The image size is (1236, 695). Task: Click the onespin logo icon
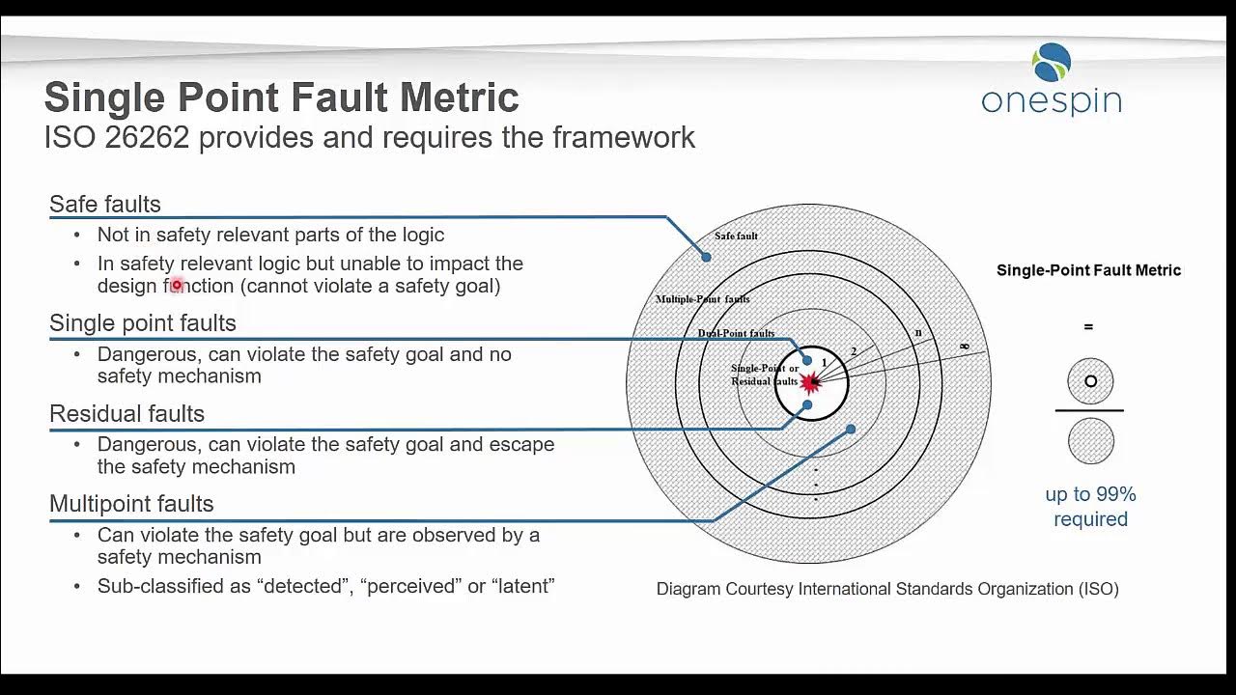pyautogui.click(x=1052, y=63)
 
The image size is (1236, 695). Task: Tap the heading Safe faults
pyautogui.click(x=105, y=204)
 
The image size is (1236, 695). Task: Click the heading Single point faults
pyautogui.click(x=143, y=322)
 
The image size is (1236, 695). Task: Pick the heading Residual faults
pyautogui.click(x=126, y=413)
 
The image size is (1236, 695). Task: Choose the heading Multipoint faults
pyautogui.click(x=131, y=503)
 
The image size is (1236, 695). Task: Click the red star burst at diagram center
pyautogui.click(x=810, y=383)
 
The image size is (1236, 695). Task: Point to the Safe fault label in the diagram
pyautogui.click(x=736, y=236)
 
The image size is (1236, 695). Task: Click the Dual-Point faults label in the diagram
pyautogui.click(x=736, y=333)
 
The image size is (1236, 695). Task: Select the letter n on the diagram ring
pyautogui.click(x=918, y=333)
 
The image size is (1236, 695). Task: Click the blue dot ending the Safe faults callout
pyautogui.click(x=706, y=257)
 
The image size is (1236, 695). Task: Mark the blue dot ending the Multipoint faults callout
pyautogui.click(x=851, y=430)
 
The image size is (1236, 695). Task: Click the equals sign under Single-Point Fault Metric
pyautogui.click(x=1088, y=327)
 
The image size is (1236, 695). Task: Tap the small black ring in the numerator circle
pyautogui.click(x=1090, y=381)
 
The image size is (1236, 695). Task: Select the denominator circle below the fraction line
pyautogui.click(x=1090, y=442)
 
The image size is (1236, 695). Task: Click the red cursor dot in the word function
pyautogui.click(x=177, y=285)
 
